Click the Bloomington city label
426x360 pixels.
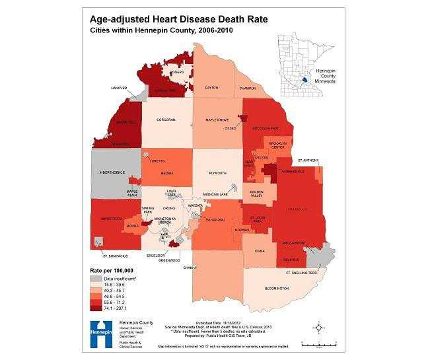(x=277, y=289)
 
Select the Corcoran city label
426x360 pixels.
(x=166, y=119)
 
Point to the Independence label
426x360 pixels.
(x=112, y=172)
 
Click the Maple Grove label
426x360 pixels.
(x=217, y=120)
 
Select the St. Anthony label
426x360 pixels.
(x=308, y=159)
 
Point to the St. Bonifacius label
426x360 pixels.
(x=113, y=254)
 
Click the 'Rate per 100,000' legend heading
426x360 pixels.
(x=112, y=271)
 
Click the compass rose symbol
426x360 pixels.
(x=319, y=326)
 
